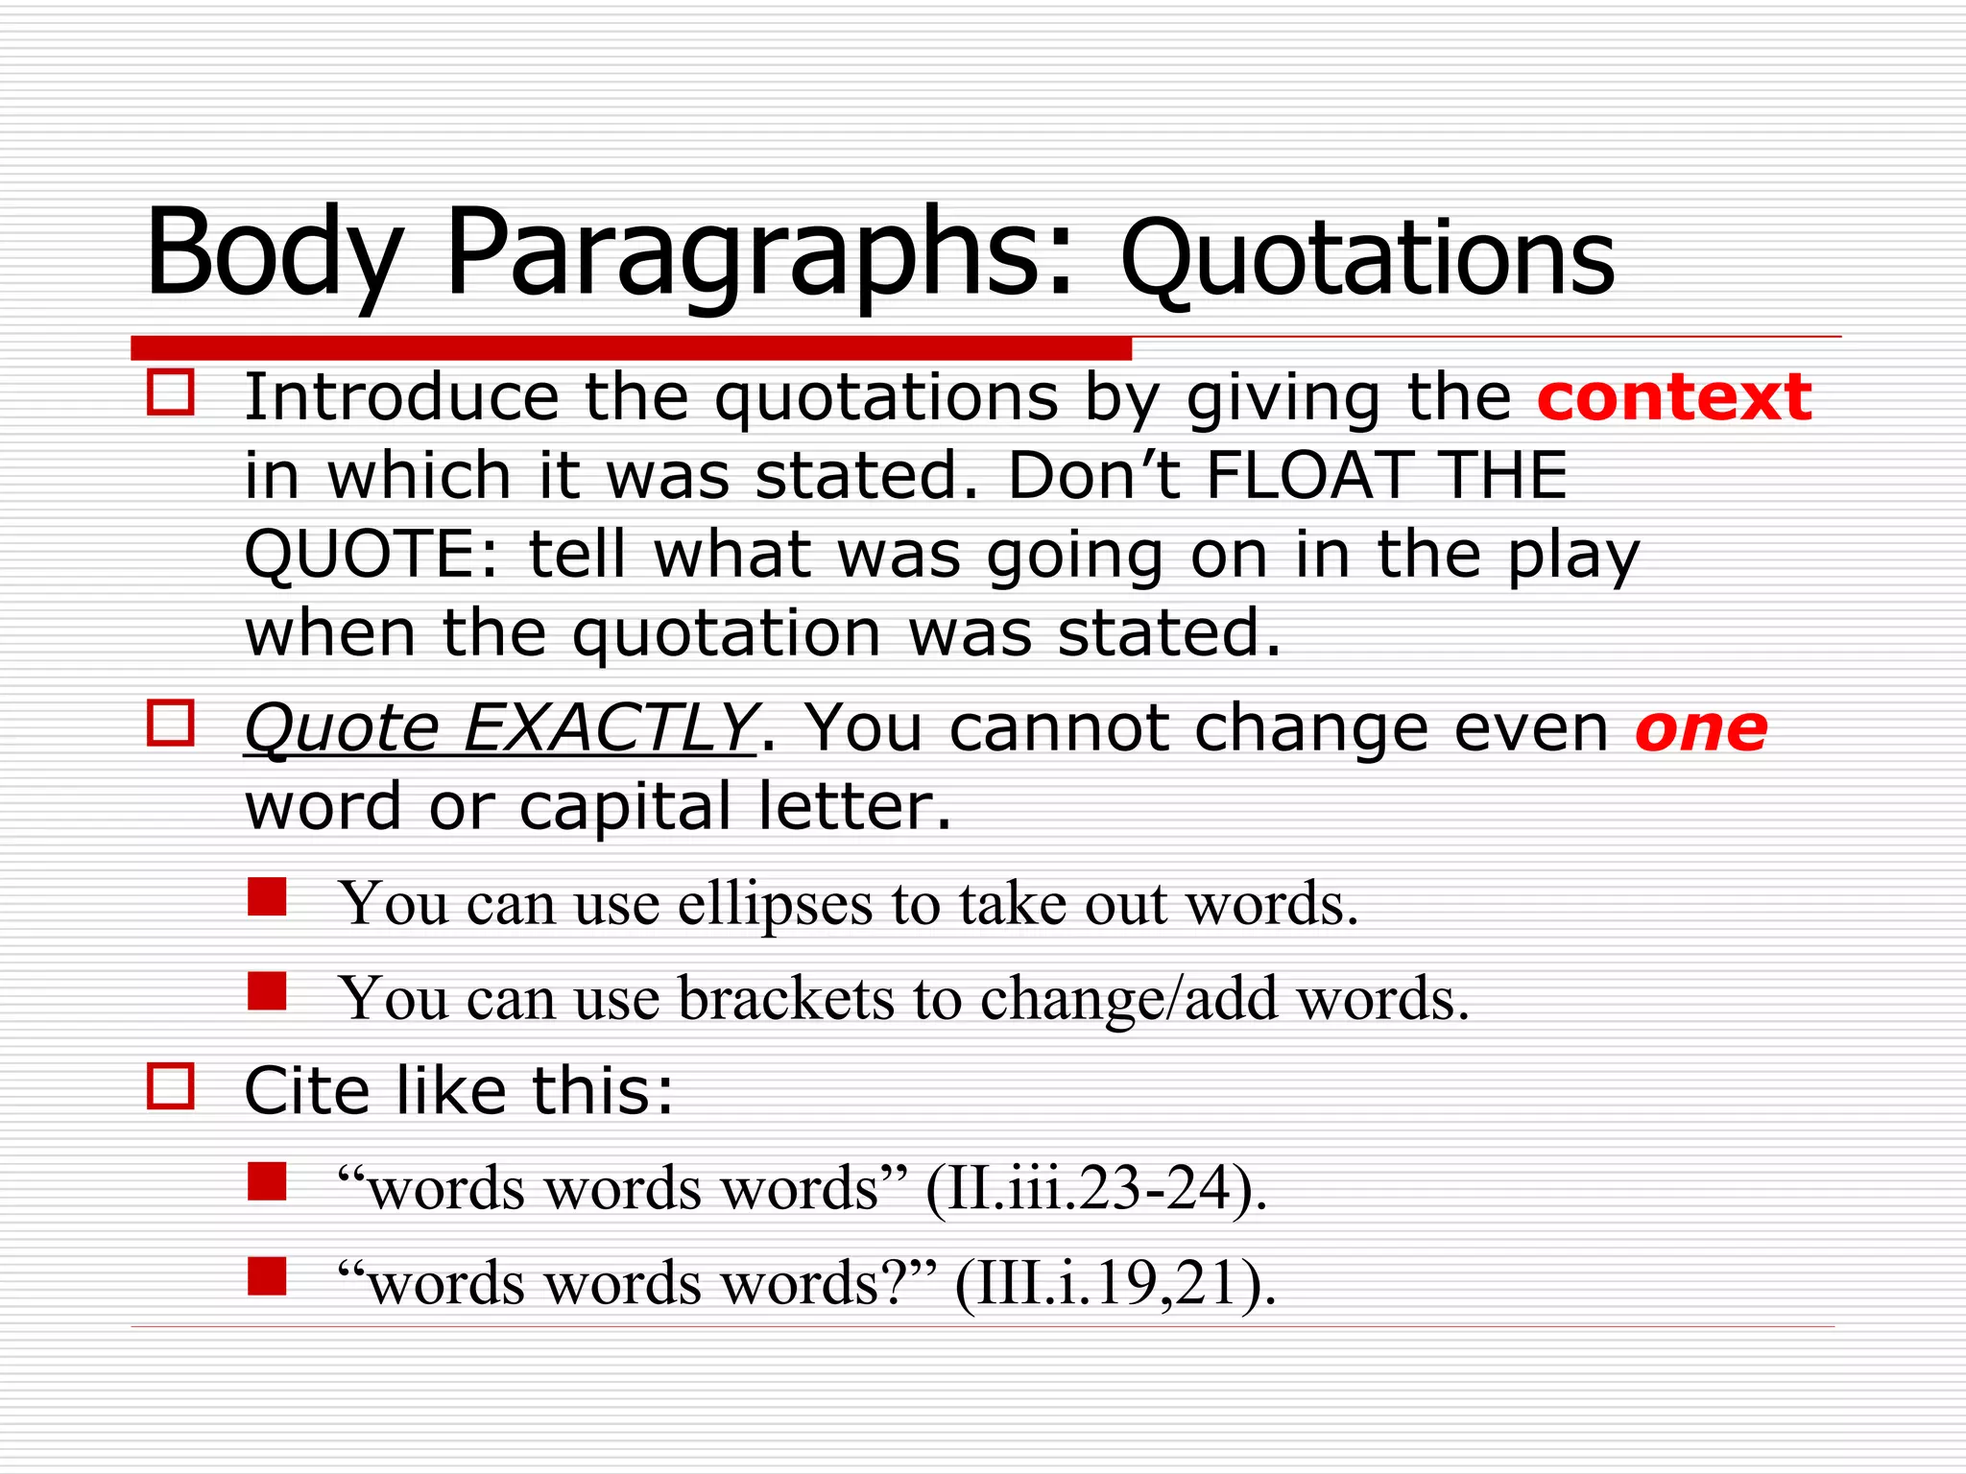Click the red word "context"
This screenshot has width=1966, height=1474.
(x=1673, y=397)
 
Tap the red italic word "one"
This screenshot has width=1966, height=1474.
(x=1700, y=729)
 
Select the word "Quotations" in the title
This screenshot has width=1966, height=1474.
(x=1367, y=259)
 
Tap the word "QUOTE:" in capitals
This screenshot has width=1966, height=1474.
(x=372, y=556)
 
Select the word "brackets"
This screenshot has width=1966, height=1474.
(x=786, y=999)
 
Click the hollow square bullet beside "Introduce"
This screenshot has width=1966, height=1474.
(x=171, y=392)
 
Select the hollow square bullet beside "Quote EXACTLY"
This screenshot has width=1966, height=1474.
(x=171, y=723)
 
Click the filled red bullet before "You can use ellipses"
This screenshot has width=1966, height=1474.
(x=267, y=897)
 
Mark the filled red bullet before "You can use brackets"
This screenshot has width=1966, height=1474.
(x=267, y=991)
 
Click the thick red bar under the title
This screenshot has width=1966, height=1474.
(x=631, y=347)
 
